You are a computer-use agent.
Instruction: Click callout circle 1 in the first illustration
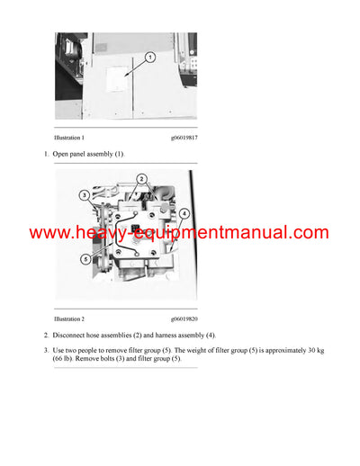point(149,56)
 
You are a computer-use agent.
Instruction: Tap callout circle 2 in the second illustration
point(142,181)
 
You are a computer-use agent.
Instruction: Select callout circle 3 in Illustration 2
point(83,193)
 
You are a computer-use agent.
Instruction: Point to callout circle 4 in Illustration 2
point(184,214)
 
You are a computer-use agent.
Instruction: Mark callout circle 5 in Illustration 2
point(85,259)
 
